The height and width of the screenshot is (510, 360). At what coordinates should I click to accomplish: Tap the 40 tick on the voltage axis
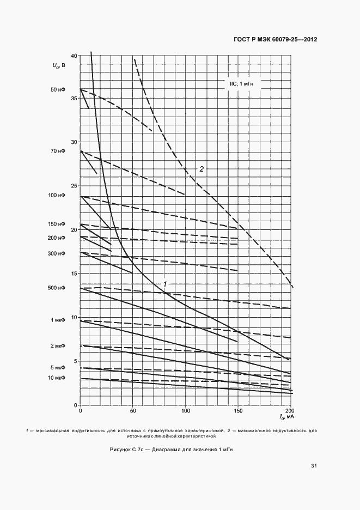point(74,56)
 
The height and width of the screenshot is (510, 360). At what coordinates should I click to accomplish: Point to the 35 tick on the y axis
point(74,99)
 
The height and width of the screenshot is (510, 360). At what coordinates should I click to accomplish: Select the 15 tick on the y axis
point(74,274)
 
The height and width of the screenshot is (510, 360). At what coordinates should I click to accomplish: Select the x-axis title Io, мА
point(286,417)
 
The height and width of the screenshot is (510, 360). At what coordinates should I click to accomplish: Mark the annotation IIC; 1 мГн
point(241,84)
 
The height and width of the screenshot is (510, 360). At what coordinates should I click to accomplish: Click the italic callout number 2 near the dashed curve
point(202,169)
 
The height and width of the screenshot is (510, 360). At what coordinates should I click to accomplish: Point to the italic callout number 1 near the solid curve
point(164,284)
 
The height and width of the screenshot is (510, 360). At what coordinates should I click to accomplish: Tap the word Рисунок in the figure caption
point(121,449)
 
